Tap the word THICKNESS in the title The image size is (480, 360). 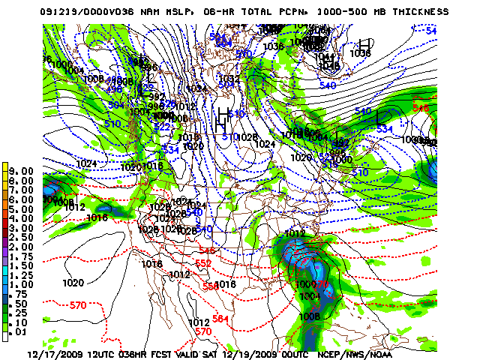pos(421,12)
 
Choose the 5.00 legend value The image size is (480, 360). pos(21,209)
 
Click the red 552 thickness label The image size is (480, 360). pos(202,263)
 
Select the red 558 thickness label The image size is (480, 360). pos(211,286)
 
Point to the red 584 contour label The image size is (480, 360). pos(221,320)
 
